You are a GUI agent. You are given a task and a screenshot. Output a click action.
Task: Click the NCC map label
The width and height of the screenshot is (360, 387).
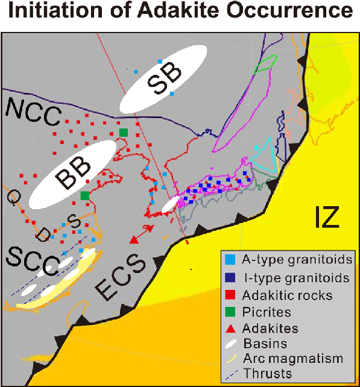[34, 110]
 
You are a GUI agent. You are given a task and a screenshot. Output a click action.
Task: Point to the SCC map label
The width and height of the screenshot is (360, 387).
[30, 262]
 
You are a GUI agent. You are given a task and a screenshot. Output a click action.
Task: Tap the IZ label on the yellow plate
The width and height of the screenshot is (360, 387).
[326, 216]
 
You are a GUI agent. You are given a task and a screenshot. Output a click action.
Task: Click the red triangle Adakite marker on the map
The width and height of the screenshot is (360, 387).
[134, 240]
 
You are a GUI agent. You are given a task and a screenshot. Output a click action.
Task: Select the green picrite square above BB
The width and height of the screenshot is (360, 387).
[124, 132]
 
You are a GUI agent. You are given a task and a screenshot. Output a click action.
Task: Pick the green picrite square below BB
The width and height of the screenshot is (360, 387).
[85, 195]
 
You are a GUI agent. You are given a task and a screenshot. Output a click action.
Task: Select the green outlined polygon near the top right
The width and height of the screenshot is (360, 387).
[265, 64]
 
